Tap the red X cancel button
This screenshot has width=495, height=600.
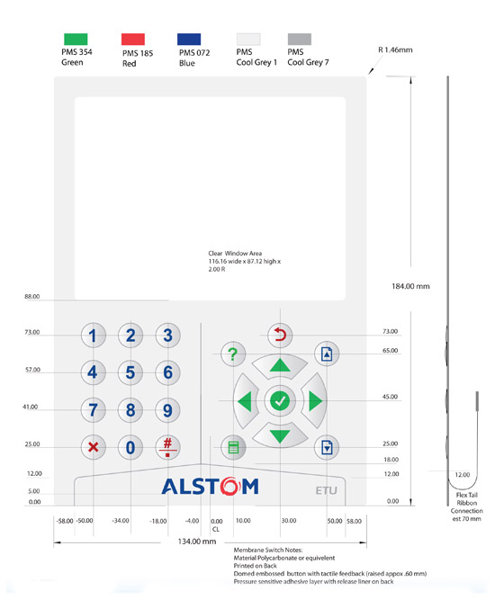click(93, 447)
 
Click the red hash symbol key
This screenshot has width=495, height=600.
click(167, 447)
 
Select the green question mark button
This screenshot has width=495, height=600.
click(233, 354)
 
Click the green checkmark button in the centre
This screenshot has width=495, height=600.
click(280, 400)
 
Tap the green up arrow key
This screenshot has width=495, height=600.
click(280, 365)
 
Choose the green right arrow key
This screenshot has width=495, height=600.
click(315, 400)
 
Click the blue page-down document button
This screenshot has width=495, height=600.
click(327, 447)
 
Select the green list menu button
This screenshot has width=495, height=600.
click(233, 447)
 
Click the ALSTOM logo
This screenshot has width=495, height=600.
click(210, 486)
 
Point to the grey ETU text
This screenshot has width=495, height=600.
click(326, 490)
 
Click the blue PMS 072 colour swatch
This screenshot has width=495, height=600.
click(189, 39)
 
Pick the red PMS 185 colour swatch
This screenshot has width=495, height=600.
click(133, 39)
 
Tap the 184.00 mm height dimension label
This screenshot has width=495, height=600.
click(410, 286)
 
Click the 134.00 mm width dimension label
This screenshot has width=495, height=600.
click(197, 542)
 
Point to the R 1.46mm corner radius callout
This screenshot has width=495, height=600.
click(395, 49)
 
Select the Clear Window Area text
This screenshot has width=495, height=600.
click(235, 254)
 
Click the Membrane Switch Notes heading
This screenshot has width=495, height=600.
click(268, 550)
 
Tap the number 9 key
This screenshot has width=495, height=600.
click(167, 410)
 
